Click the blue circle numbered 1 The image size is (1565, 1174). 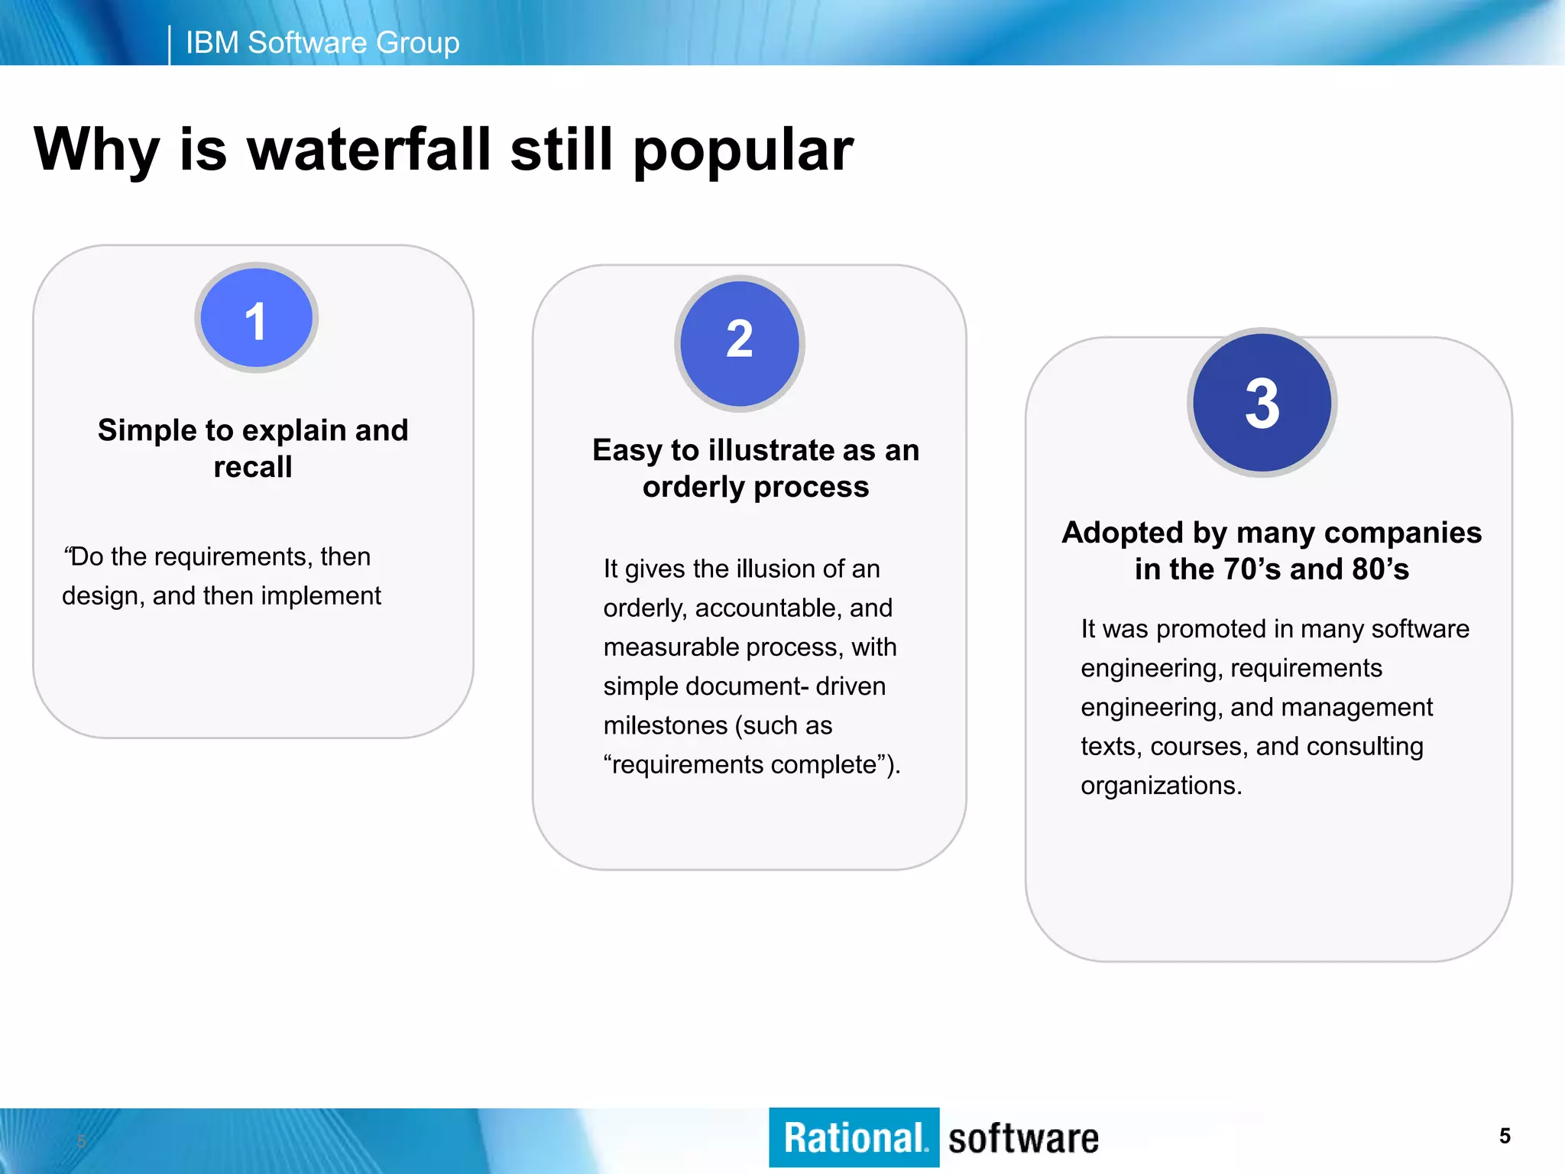pos(256,318)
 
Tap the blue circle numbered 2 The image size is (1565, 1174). pos(739,342)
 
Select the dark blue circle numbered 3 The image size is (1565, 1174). pos(1262,403)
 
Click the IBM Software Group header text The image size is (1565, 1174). pos(322,43)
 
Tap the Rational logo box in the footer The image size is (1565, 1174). pos(854,1137)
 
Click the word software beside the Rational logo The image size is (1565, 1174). pos(1023,1139)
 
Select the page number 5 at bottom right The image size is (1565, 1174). pos(1504,1136)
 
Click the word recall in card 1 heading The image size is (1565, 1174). pos(253,467)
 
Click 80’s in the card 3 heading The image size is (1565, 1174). pos(1380,569)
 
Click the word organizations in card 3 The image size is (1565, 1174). pos(1161,786)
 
